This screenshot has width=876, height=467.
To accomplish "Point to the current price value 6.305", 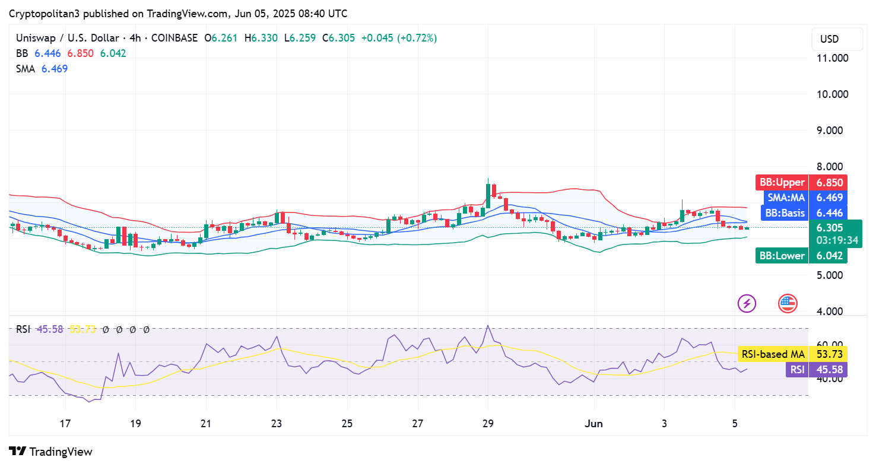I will point(829,228).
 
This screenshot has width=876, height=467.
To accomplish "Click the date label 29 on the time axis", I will point(488,424).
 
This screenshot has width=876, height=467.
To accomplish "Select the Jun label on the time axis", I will point(594,424).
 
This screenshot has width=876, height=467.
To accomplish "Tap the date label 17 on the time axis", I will point(65,424).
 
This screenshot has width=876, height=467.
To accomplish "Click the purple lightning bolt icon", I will point(747,304).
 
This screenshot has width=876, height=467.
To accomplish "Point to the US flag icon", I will point(788,304).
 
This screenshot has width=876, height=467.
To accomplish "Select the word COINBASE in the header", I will point(174,38).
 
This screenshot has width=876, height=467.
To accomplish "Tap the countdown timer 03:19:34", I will point(829,240).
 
